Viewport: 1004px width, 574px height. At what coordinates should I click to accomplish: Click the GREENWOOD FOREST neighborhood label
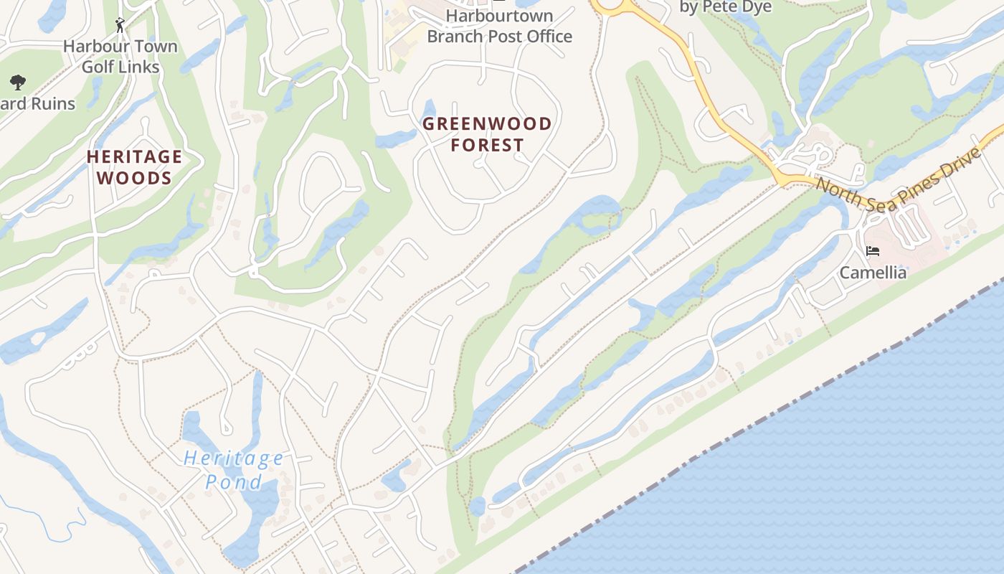pyautogui.click(x=487, y=134)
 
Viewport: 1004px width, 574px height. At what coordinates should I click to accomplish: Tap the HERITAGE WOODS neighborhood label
pyautogui.click(x=134, y=167)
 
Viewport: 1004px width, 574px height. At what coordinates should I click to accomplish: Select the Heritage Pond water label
pyautogui.click(x=233, y=469)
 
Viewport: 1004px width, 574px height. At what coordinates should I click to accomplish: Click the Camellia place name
pyautogui.click(x=873, y=273)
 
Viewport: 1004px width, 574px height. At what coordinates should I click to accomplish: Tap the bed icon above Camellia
pyautogui.click(x=873, y=251)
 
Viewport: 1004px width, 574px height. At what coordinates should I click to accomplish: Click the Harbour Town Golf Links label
pyautogui.click(x=120, y=57)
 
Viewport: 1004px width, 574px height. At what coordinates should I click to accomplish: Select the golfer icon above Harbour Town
pyautogui.click(x=120, y=25)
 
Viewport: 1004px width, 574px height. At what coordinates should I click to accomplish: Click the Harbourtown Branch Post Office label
pyautogui.click(x=500, y=26)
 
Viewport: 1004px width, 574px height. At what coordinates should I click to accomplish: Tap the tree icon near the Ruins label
pyautogui.click(x=18, y=82)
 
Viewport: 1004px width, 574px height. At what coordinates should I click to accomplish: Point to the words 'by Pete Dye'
pyautogui.click(x=726, y=7)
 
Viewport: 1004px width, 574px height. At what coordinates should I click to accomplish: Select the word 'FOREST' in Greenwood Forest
pyautogui.click(x=487, y=145)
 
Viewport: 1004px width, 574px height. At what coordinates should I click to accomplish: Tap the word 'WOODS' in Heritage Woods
pyautogui.click(x=134, y=178)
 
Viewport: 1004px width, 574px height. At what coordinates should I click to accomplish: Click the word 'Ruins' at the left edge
pyautogui.click(x=47, y=104)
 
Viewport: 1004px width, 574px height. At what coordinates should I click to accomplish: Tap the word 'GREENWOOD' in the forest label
pyautogui.click(x=487, y=123)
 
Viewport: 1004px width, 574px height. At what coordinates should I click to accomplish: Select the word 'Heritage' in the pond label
pyautogui.click(x=233, y=458)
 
